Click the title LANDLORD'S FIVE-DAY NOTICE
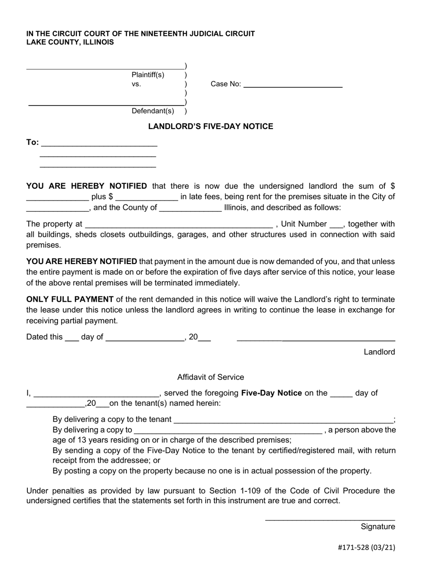tap(210, 126)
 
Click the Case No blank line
tap(293, 87)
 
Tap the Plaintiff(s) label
tap(148, 74)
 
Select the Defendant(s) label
tap(153, 111)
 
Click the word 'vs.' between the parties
tap(136, 84)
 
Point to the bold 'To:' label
tap(33, 142)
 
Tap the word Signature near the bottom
tap(378, 526)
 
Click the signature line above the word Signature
tap(330, 519)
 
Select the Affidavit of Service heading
tap(210, 377)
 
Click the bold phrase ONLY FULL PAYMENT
tap(70, 299)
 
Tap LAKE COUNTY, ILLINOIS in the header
tap(70, 42)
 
